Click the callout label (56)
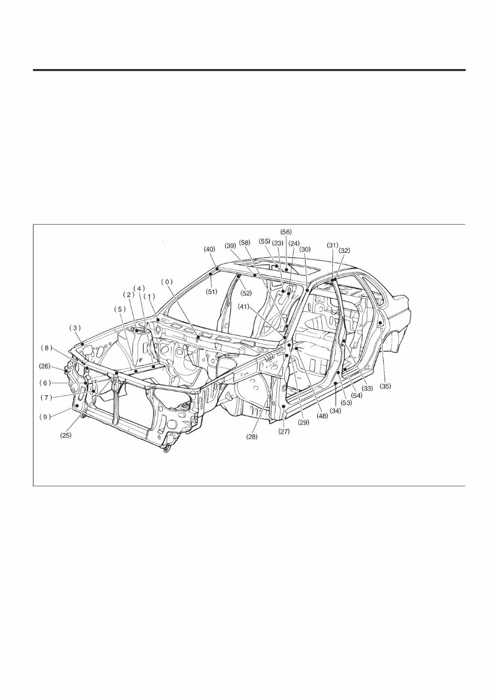click(x=286, y=232)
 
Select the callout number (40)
click(x=209, y=249)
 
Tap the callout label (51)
click(x=211, y=292)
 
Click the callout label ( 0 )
click(x=166, y=281)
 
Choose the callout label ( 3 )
click(x=75, y=328)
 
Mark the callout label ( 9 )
click(x=45, y=416)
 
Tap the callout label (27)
click(x=284, y=431)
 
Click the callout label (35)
click(x=385, y=386)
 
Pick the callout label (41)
click(x=244, y=306)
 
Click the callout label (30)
click(x=304, y=249)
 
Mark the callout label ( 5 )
click(x=119, y=309)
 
